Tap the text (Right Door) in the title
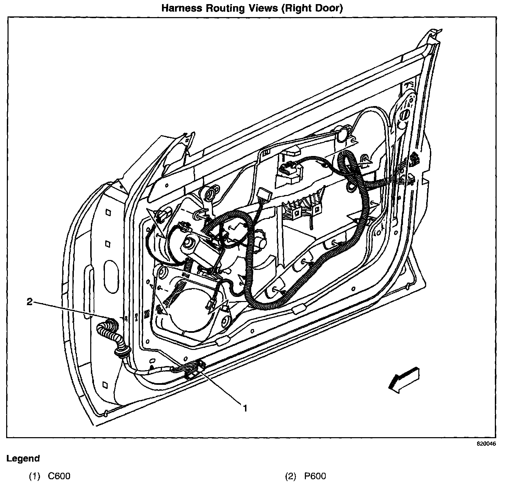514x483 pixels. point(312,8)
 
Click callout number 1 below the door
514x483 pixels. point(245,408)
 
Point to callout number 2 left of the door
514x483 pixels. point(30,302)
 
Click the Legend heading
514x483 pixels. point(23,458)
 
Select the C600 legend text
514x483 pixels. point(59,476)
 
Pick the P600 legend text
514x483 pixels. point(315,476)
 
